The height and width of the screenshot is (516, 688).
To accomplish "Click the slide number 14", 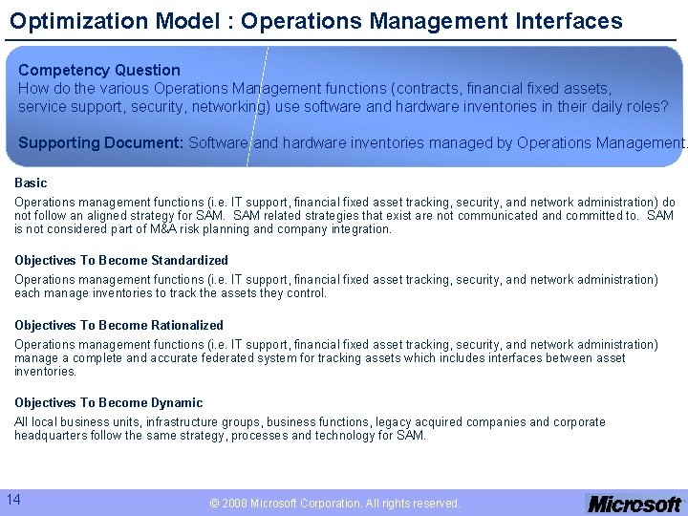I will coord(14,499).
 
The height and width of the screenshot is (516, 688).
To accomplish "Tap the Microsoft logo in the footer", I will coord(634,504).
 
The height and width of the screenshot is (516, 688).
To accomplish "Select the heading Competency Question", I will coord(98,70).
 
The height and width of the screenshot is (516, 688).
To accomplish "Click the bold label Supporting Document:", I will coord(101,142).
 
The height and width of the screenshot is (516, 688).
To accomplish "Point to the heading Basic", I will coord(31,183).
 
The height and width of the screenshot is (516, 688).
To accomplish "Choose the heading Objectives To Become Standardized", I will coord(121,260).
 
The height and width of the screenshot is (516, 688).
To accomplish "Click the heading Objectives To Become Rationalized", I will coord(118,325).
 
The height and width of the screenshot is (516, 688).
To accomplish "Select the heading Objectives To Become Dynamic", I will coord(108,402).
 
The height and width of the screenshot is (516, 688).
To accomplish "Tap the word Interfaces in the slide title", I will coord(570,21).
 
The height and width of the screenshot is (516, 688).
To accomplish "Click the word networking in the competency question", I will coord(226,106).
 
